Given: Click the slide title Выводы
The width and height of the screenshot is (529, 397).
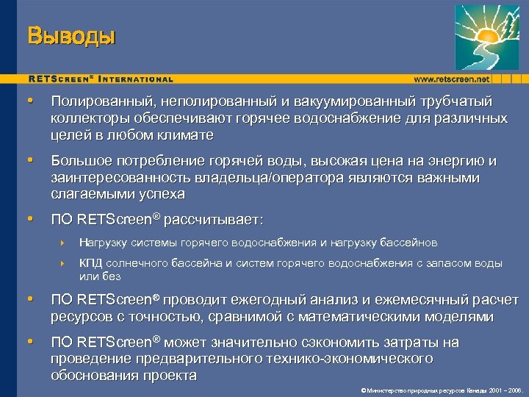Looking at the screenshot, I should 71,35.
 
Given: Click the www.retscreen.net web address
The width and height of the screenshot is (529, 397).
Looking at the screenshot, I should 451,79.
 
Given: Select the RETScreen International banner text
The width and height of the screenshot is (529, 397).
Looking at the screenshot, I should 101,79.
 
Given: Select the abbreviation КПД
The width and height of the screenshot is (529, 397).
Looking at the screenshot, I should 91,263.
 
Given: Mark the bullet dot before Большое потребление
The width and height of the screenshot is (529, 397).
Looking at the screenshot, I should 29,160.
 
